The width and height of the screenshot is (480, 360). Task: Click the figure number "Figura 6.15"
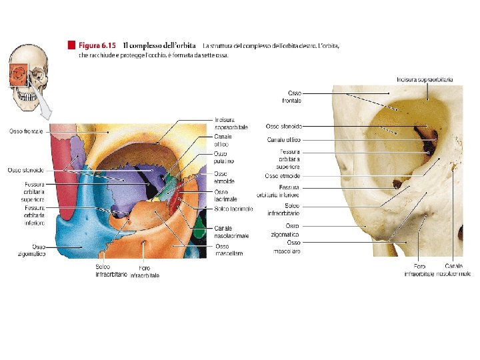[97, 45]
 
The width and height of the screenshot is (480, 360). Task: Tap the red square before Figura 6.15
[71, 45]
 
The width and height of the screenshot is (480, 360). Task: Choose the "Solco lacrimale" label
[233, 209]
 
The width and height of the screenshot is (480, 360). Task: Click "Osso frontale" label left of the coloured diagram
[26, 131]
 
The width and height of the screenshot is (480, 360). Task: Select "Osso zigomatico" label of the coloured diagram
[31, 251]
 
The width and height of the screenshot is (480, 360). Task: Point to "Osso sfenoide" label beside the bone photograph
[283, 126]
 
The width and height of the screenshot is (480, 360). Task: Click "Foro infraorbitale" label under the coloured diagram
[145, 271]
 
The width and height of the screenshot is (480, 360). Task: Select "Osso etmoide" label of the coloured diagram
[221, 177]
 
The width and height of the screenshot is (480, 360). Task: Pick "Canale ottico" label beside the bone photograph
[284, 140]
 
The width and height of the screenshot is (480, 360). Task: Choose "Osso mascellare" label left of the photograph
[285, 247]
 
